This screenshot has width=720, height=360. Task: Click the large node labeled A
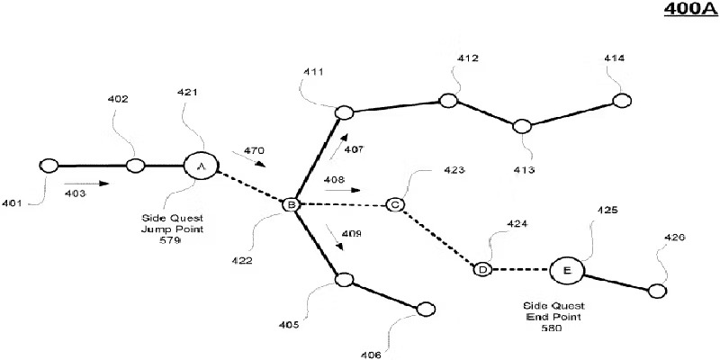coord(201,166)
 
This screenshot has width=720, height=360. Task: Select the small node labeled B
coord(290,205)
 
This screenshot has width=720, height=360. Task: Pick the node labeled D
coord(482,269)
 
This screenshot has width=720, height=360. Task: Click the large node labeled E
coord(566,269)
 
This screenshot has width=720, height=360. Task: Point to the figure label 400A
coord(687,11)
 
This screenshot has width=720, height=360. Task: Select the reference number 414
coord(615,58)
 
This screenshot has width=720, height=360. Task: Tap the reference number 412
coord(467,58)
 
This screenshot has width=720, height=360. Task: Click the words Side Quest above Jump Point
coord(172,217)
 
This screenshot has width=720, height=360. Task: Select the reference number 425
coord(608,210)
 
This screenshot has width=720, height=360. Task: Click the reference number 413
coord(524,169)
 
